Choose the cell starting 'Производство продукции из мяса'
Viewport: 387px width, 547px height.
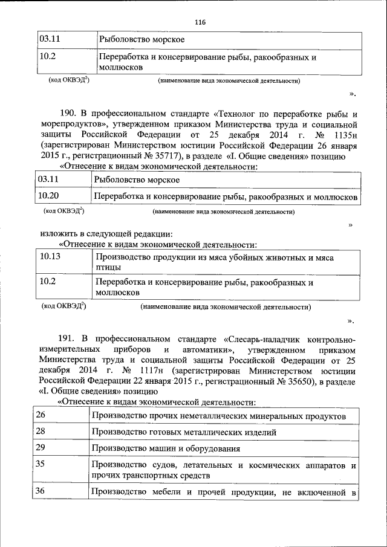pyautogui.click(x=214, y=262)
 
